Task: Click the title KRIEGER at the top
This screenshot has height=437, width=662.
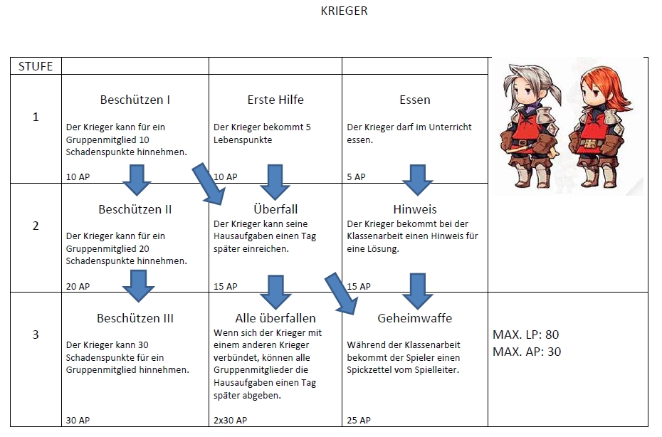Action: click(x=345, y=11)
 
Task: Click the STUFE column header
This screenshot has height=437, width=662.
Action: click(x=36, y=66)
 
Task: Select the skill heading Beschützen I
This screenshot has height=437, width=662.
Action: click(x=135, y=100)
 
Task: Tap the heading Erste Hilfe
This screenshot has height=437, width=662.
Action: click(x=275, y=100)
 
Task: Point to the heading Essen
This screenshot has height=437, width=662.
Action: click(x=415, y=100)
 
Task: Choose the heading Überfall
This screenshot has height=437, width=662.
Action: click(x=275, y=209)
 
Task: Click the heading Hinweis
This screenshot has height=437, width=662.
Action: click(x=415, y=209)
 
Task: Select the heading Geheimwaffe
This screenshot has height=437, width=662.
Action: click(x=415, y=318)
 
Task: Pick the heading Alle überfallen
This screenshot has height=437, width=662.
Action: click(x=275, y=318)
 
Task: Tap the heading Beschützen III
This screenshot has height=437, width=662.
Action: click(x=135, y=318)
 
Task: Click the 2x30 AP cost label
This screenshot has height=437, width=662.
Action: click(x=230, y=420)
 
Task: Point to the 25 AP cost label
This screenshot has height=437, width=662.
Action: click(x=359, y=420)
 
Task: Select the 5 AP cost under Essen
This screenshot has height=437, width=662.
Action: click(x=356, y=177)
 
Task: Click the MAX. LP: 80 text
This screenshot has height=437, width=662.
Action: click(x=526, y=335)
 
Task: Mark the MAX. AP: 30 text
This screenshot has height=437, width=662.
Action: click(x=527, y=352)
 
